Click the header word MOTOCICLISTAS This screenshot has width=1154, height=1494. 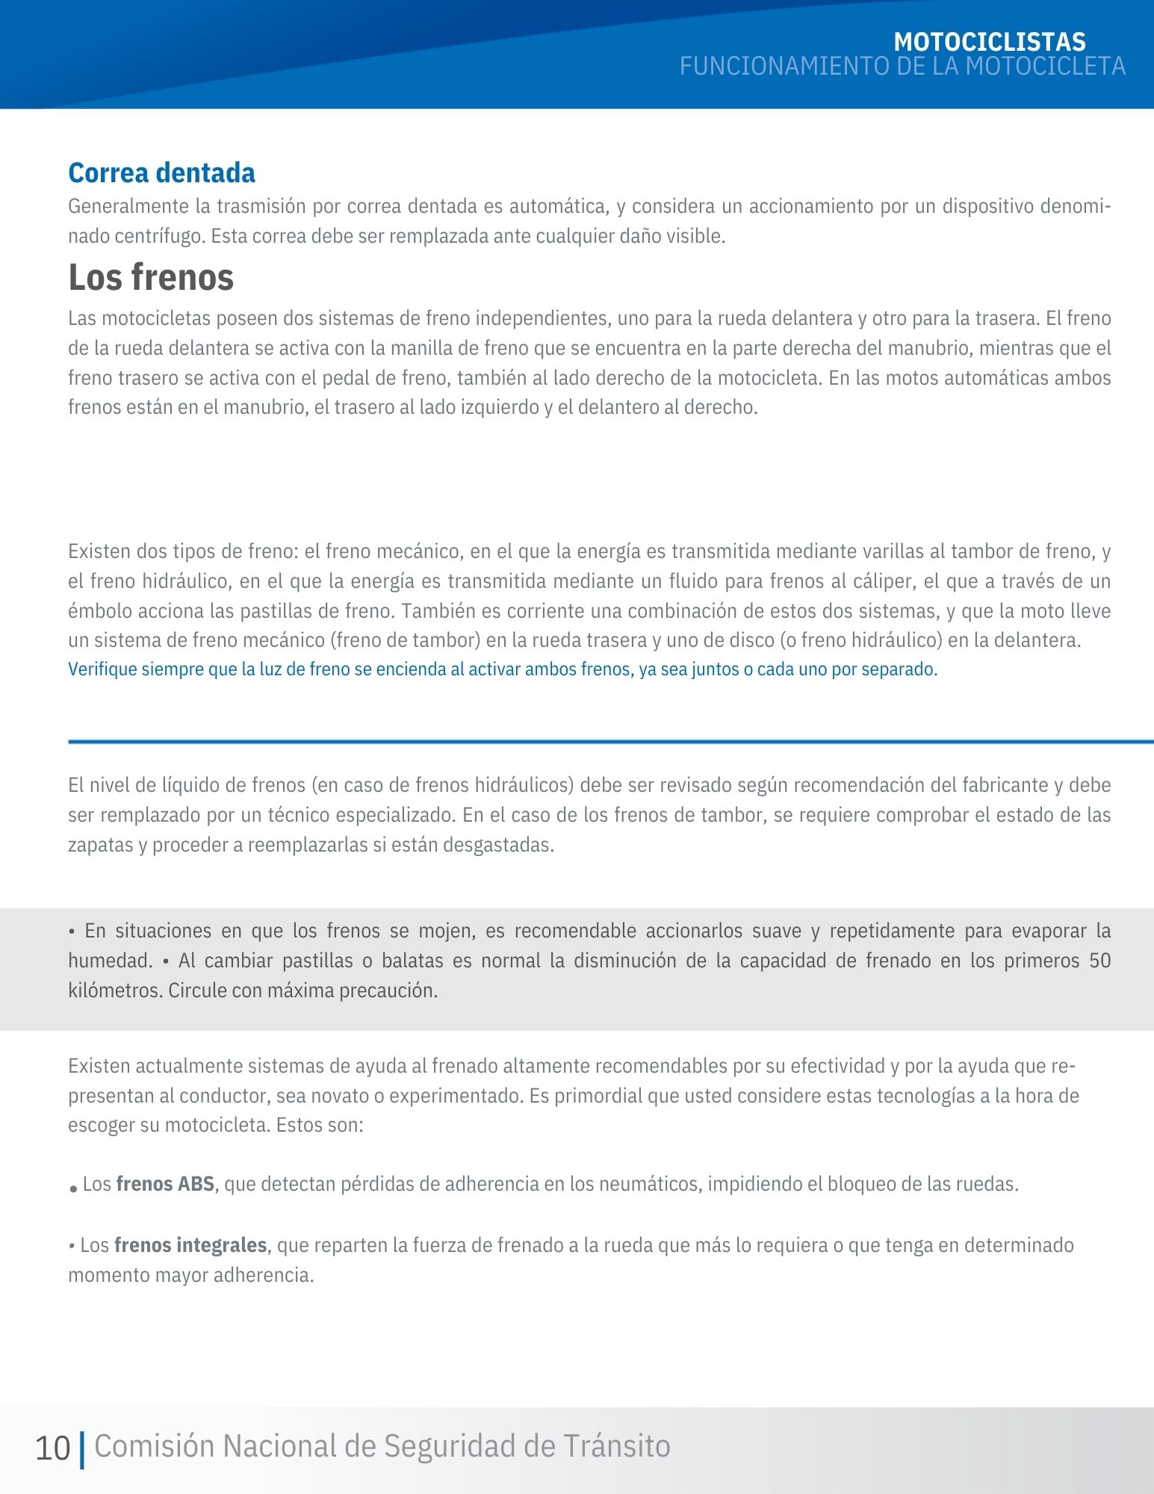click(989, 42)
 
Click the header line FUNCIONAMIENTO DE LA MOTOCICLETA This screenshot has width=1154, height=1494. click(902, 67)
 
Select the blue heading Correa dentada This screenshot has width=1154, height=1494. click(161, 173)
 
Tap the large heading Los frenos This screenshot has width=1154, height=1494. click(151, 277)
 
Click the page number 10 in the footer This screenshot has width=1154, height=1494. click(52, 1448)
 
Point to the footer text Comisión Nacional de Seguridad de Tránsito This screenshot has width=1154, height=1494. click(382, 1446)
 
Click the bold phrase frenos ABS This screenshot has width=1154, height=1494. click(165, 1184)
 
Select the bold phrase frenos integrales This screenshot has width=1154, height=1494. click(190, 1245)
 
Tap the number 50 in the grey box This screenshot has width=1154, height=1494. click(1099, 961)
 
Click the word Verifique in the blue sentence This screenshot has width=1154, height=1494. click(102, 669)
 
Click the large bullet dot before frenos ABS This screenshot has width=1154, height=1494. click(73, 1188)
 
